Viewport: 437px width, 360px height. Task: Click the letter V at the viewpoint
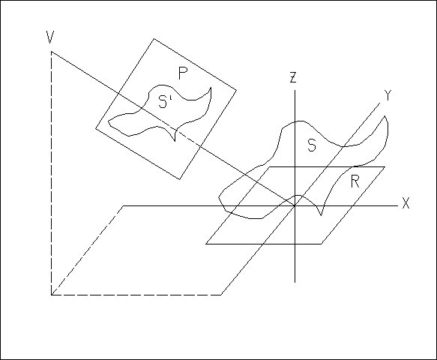pos(50,37)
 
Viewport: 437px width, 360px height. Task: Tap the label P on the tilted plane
pos(183,73)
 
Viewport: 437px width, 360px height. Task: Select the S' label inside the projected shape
pos(165,101)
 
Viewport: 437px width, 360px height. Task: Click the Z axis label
pos(292,77)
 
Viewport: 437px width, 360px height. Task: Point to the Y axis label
pos(388,95)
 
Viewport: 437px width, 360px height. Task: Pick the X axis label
pos(406,203)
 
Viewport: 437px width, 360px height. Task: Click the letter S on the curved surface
pos(312,145)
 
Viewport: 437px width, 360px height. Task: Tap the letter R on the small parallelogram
pos(355,181)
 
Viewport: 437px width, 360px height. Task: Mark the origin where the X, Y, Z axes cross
pos(295,205)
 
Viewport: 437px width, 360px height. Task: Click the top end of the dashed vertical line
pos(51,52)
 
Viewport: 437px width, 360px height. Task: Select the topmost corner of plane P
pos(154,39)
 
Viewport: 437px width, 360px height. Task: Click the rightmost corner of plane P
pos(237,90)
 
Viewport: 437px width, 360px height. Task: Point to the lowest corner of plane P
pos(180,179)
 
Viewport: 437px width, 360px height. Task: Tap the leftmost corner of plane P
pos(96,128)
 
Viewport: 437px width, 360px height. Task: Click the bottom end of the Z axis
pos(295,283)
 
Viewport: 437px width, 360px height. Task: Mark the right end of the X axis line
pos(398,205)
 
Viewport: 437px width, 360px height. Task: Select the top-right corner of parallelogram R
pos(385,166)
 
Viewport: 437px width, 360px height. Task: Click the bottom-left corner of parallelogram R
pos(206,244)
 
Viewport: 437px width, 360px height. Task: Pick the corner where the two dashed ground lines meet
pos(51,295)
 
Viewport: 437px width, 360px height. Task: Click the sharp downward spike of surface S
pos(321,215)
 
